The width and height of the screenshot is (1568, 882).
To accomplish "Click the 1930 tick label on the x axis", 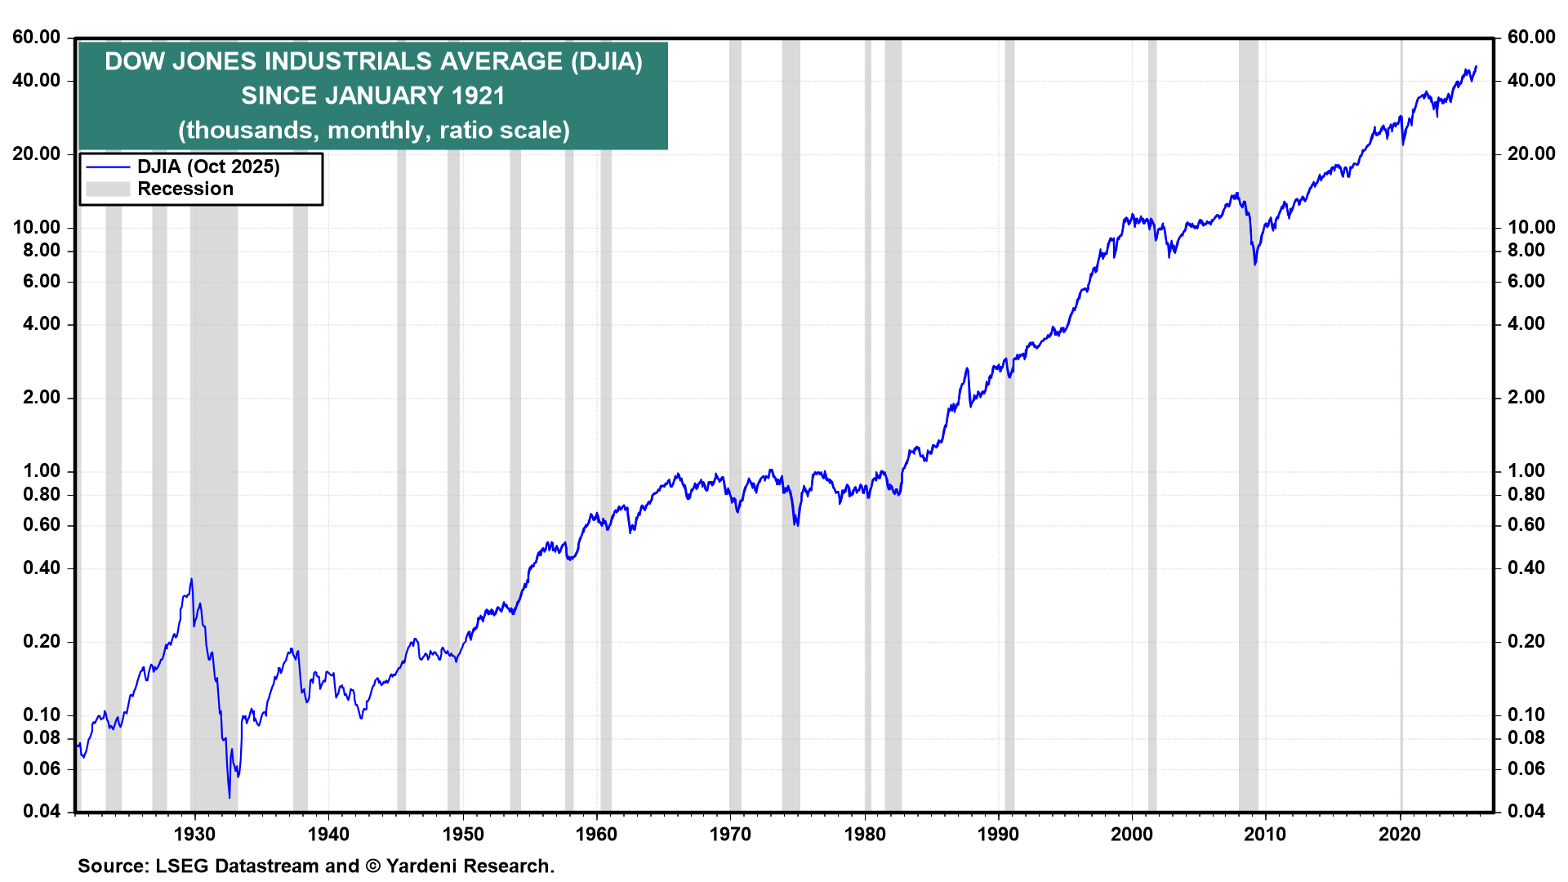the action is pyautogui.click(x=194, y=835).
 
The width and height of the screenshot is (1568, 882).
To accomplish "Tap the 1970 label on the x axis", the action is pyautogui.click(x=731, y=835).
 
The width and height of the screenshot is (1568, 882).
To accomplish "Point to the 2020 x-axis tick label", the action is pyautogui.click(x=1401, y=835).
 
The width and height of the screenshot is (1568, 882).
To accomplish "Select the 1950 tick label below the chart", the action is pyautogui.click(x=463, y=835).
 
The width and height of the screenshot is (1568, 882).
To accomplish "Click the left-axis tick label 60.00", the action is pyautogui.click(x=36, y=38).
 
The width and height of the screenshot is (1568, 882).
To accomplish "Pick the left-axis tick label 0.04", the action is pyautogui.click(x=41, y=812).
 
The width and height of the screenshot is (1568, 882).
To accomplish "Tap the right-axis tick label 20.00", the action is pyautogui.click(x=1531, y=154).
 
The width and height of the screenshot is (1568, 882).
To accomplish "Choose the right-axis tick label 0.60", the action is pyautogui.click(x=1526, y=525).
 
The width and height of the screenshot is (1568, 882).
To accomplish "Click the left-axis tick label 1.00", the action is pyautogui.click(x=41, y=471).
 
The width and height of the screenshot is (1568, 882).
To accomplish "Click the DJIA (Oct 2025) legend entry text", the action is pyautogui.click(x=208, y=167).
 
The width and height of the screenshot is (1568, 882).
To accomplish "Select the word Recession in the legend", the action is pyautogui.click(x=185, y=189).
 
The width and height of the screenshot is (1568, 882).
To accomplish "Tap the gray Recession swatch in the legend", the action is pyautogui.click(x=108, y=189).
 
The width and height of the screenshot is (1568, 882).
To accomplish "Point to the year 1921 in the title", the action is pyautogui.click(x=478, y=96).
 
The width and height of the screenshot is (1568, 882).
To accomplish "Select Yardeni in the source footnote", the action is pyautogui.click(x=419, y=866).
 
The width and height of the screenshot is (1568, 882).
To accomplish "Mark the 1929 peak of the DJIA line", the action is pyautogui.click(x=192, y=579).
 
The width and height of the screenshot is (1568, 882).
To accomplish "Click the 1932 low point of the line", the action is pyautogui.click(x=229, y=798).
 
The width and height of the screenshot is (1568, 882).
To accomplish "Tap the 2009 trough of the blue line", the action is pyautogui.click(x=1255, y=264).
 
